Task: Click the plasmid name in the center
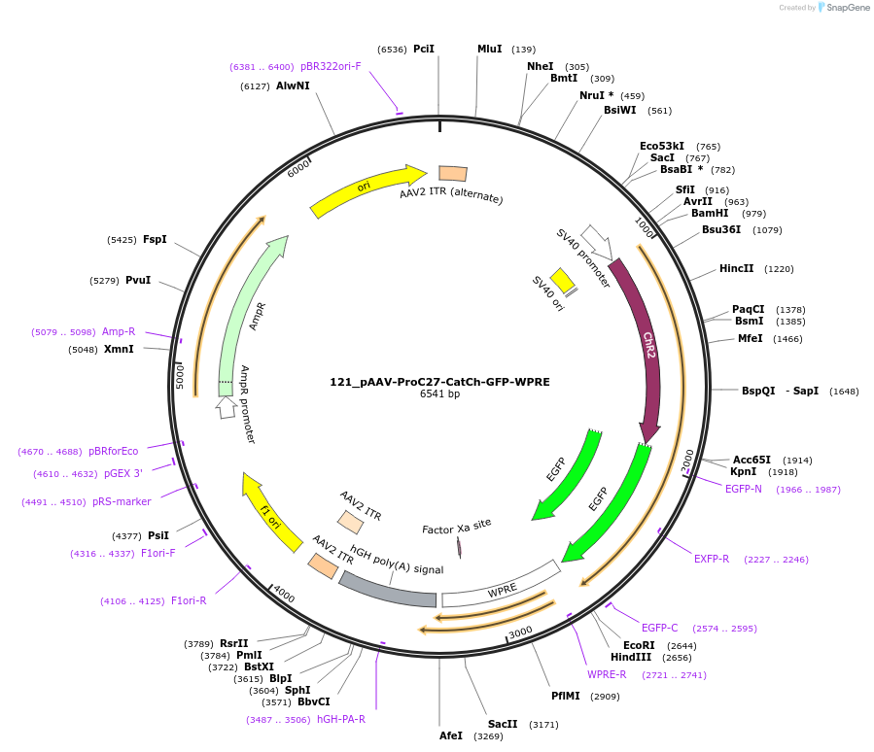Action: tap(439, 381)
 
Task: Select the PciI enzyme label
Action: tap(424, 49)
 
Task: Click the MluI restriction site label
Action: tap(490, 49)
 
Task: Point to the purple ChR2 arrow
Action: tap(645, 350)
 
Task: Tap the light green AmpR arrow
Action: tap(249, 311)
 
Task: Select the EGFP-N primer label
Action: tap(744, 489)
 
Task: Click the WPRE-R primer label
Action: tap(607, 674)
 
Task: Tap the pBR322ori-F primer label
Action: tap(331, 66)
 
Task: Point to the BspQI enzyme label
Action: tap(758, 391)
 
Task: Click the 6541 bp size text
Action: tap(439, 394)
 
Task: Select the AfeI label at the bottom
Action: tap(451, 735)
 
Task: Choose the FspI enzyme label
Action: tap(155, 239)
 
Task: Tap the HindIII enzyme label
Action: tap(631, 657)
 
